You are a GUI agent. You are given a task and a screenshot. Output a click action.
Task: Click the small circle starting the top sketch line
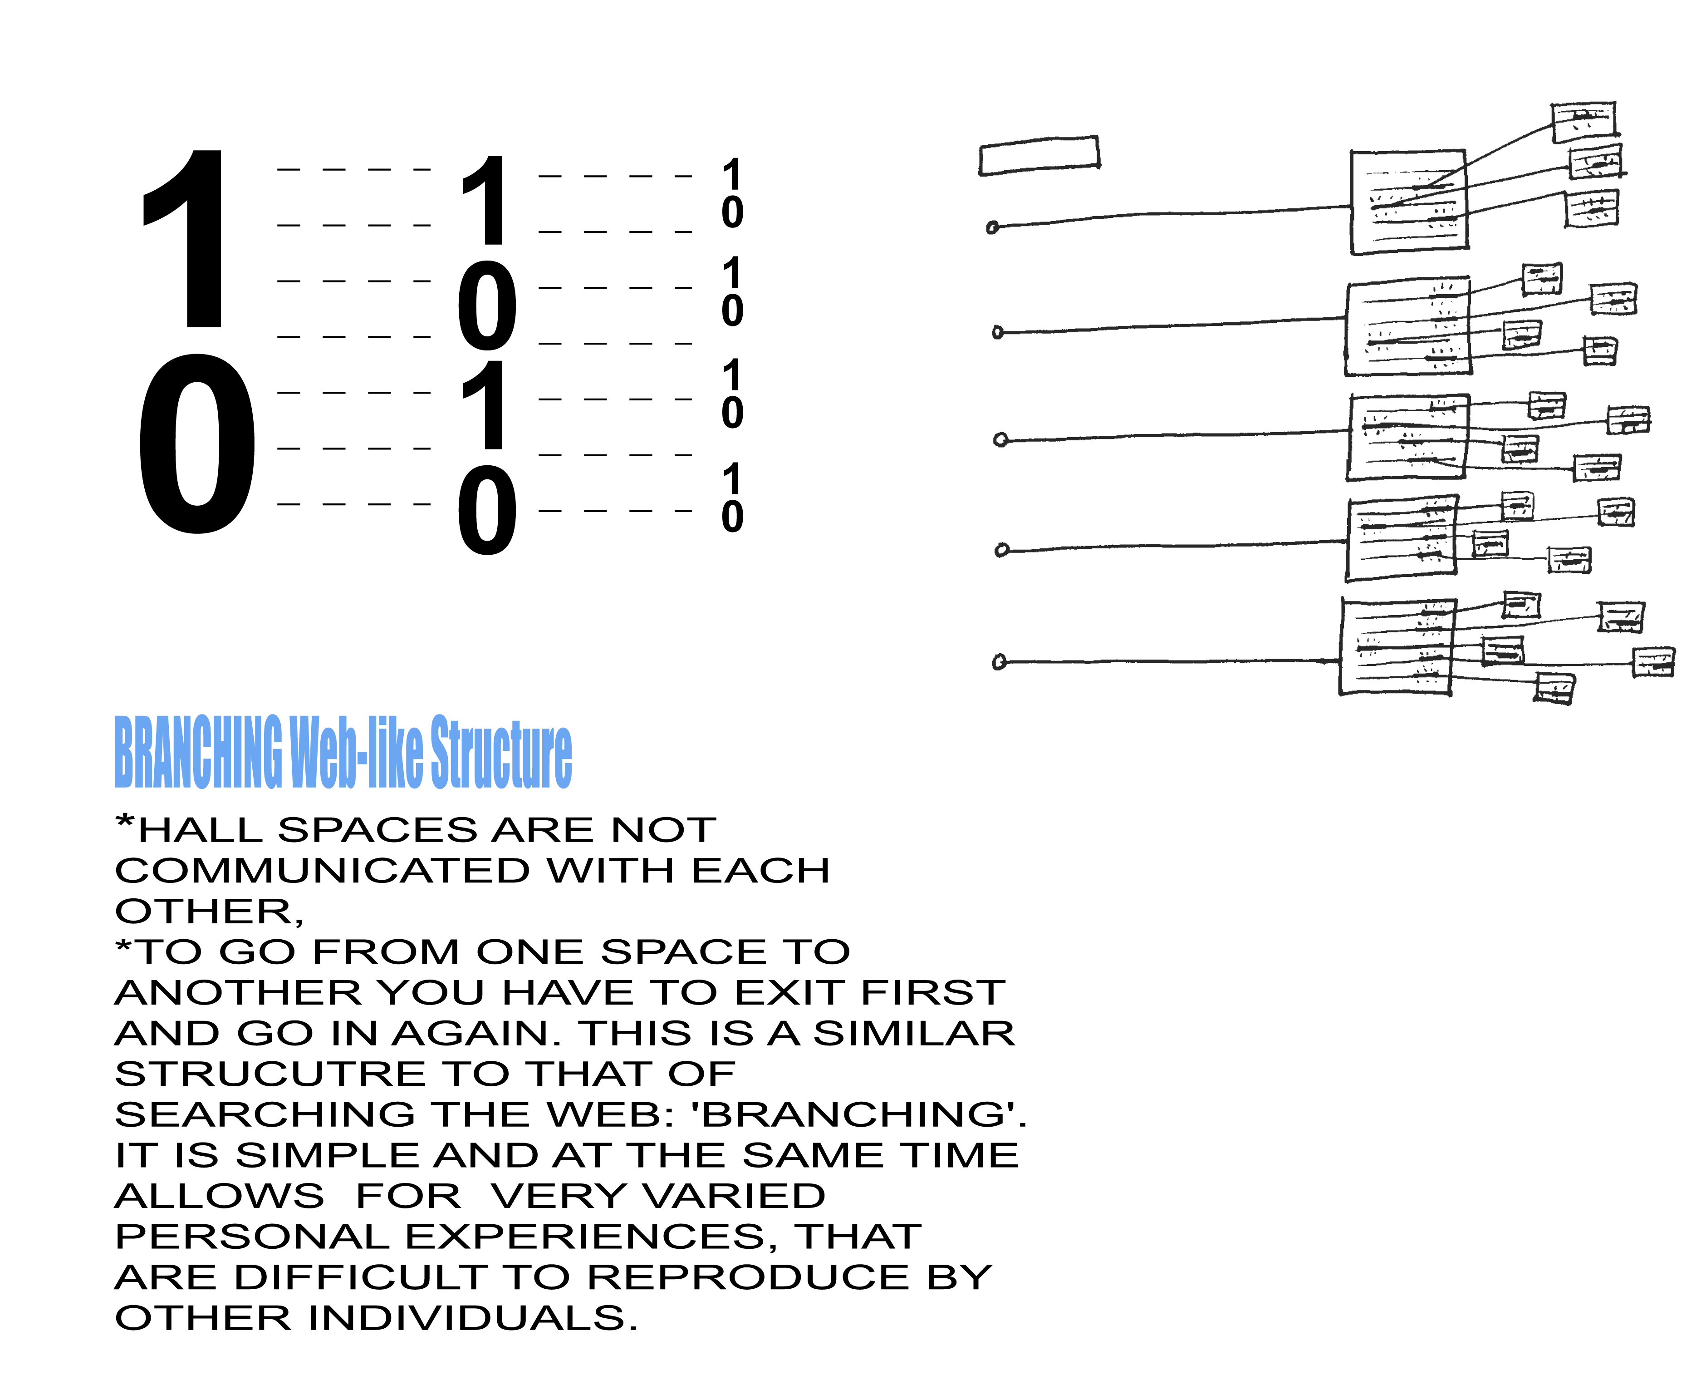tap(992, 228)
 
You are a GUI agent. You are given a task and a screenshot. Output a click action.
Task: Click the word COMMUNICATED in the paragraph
tap(322, 871)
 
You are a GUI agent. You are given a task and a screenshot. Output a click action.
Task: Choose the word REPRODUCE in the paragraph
tap(748, 1277)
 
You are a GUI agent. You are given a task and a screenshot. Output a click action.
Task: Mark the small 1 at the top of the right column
tap(732, 173)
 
